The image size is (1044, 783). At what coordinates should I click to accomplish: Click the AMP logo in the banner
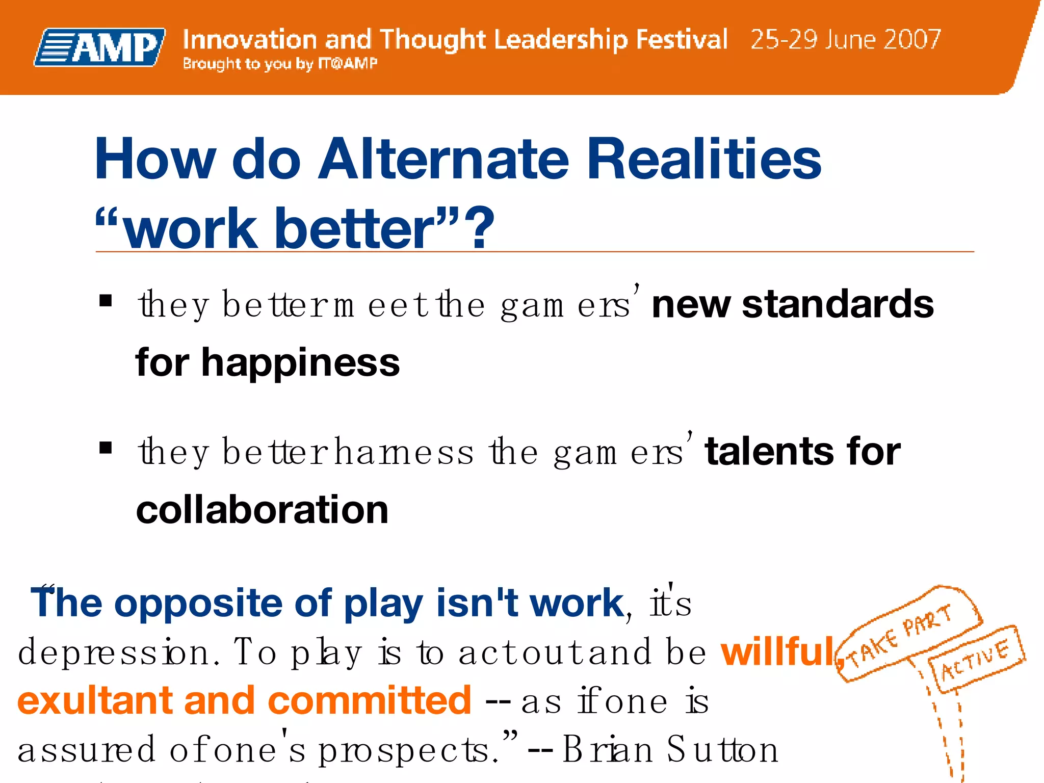click(100, 47)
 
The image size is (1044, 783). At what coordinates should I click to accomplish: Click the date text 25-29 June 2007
click(845, 40)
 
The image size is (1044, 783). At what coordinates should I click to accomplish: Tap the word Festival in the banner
click(682, 40)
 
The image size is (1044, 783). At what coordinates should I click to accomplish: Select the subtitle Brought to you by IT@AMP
click(280, 64)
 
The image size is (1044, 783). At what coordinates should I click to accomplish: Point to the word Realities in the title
click(704, 159)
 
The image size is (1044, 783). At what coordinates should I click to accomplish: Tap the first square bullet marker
click(106, 301)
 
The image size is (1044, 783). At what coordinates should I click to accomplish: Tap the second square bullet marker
click(106, 448)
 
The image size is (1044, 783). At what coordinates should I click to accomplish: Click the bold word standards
click(838, 304)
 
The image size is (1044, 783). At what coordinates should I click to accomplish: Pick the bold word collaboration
click(262, 510)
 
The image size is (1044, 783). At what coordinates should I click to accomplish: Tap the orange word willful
click(777, 652)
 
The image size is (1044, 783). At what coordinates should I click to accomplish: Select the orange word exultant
click(94, 701)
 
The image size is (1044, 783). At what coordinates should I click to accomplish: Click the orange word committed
click(369, 701)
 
